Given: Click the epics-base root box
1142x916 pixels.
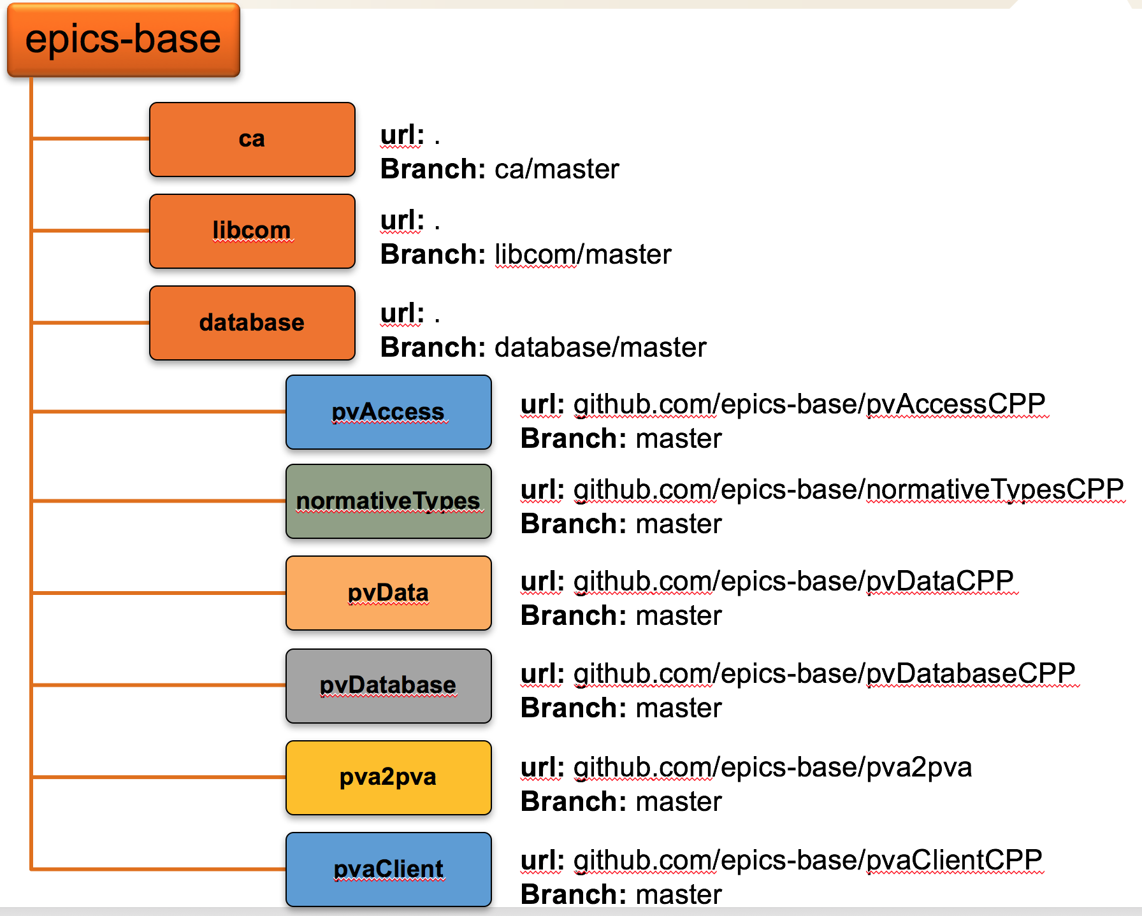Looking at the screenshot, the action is [124, 39].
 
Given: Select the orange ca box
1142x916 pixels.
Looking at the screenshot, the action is [252, 140].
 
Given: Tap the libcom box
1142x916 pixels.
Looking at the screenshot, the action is [252, 231].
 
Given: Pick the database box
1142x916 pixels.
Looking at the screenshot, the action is [252, 323].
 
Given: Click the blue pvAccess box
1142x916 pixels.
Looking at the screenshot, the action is [389, 412].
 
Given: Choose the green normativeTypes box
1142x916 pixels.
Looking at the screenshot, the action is [389, 501].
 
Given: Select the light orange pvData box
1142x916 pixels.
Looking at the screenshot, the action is [389, 593].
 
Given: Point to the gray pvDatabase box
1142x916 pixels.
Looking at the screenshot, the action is [389, 686].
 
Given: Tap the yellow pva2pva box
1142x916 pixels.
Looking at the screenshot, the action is [389, 778].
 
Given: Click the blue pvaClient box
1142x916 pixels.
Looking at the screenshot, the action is [389, 869].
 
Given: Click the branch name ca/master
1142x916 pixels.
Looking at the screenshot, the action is [557, 169].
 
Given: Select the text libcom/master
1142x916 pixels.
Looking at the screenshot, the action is [583, 255].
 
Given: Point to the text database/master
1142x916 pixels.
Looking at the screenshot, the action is [601, 348].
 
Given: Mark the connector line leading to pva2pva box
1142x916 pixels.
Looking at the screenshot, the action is [159, 777].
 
